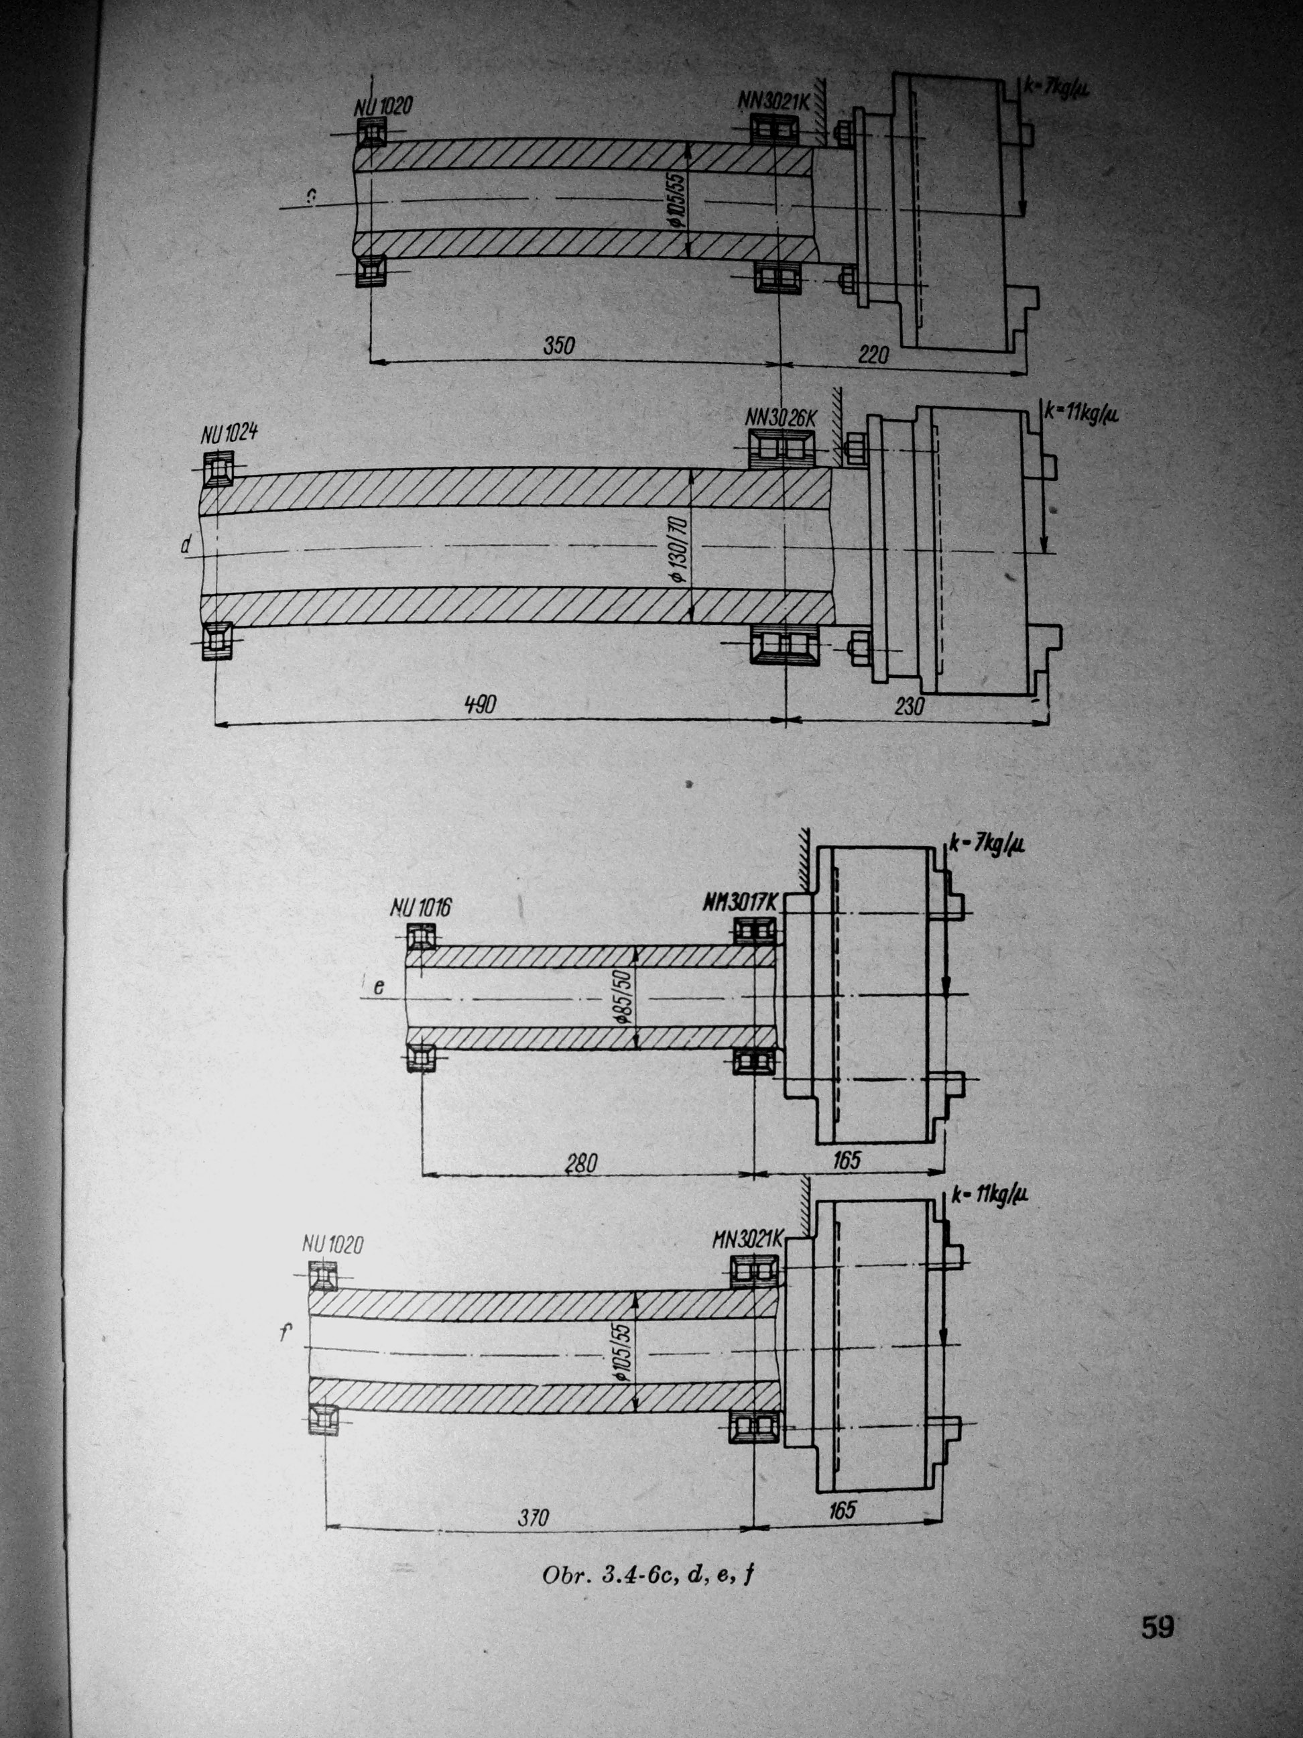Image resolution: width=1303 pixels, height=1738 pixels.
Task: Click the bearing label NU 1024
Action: [230, 434]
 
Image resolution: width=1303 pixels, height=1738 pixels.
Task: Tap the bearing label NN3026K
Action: [781, 419]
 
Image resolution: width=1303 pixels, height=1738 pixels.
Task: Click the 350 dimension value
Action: [559, 346]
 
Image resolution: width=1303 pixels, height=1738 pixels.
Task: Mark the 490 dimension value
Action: [480, 705]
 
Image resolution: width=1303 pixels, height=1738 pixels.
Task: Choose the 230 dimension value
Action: [909, 706]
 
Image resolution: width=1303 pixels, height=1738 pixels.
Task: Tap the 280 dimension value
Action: [581, 1163]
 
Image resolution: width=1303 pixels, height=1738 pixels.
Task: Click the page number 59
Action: [1158, 1627]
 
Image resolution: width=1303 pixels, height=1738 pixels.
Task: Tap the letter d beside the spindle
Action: [186, 545]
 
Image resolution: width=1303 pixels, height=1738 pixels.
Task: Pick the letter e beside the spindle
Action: [379, 988]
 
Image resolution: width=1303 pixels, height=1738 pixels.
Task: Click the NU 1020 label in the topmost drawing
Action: [383, 106]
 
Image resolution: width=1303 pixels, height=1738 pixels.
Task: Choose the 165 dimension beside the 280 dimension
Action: [847, 1160]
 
